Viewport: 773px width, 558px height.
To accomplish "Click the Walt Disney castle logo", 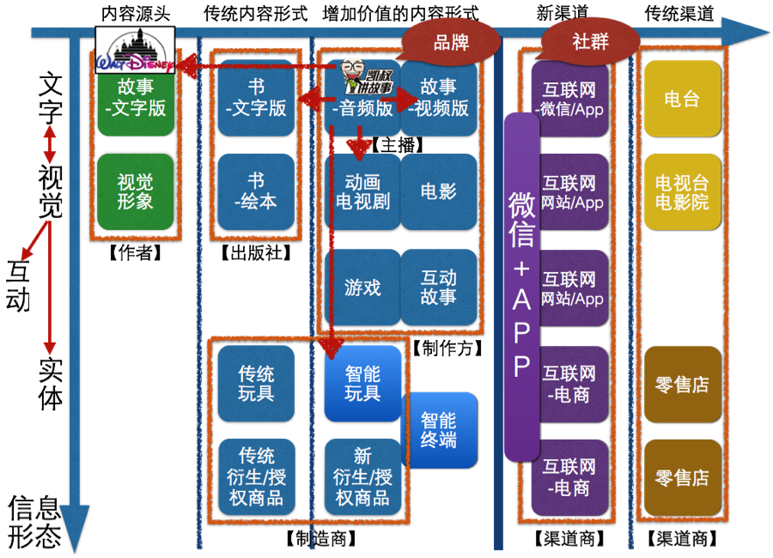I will coord(135,50).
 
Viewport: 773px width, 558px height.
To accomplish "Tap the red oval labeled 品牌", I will coord(452,41).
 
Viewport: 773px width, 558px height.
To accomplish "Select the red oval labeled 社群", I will coord(590,40).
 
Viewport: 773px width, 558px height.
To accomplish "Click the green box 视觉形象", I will coord(136,191).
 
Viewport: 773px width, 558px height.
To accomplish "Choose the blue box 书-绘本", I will coord(256,191).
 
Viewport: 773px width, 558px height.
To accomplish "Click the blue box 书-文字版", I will coord(256,99).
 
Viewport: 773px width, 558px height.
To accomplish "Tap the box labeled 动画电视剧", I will coord(362,191).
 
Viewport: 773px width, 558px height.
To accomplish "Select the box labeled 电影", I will coord(438,191).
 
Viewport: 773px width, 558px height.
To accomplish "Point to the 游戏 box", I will coord(362,288).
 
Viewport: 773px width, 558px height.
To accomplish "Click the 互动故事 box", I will coord(438,288).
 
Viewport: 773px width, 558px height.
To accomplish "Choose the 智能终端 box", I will coord(439,430).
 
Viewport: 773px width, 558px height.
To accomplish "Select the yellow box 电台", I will coord(682,99).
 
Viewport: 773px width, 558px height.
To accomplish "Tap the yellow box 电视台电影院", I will coord(682,191).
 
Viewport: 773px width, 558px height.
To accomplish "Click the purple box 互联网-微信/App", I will coord(569,99).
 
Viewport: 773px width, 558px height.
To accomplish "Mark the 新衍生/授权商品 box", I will coord(362,477).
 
